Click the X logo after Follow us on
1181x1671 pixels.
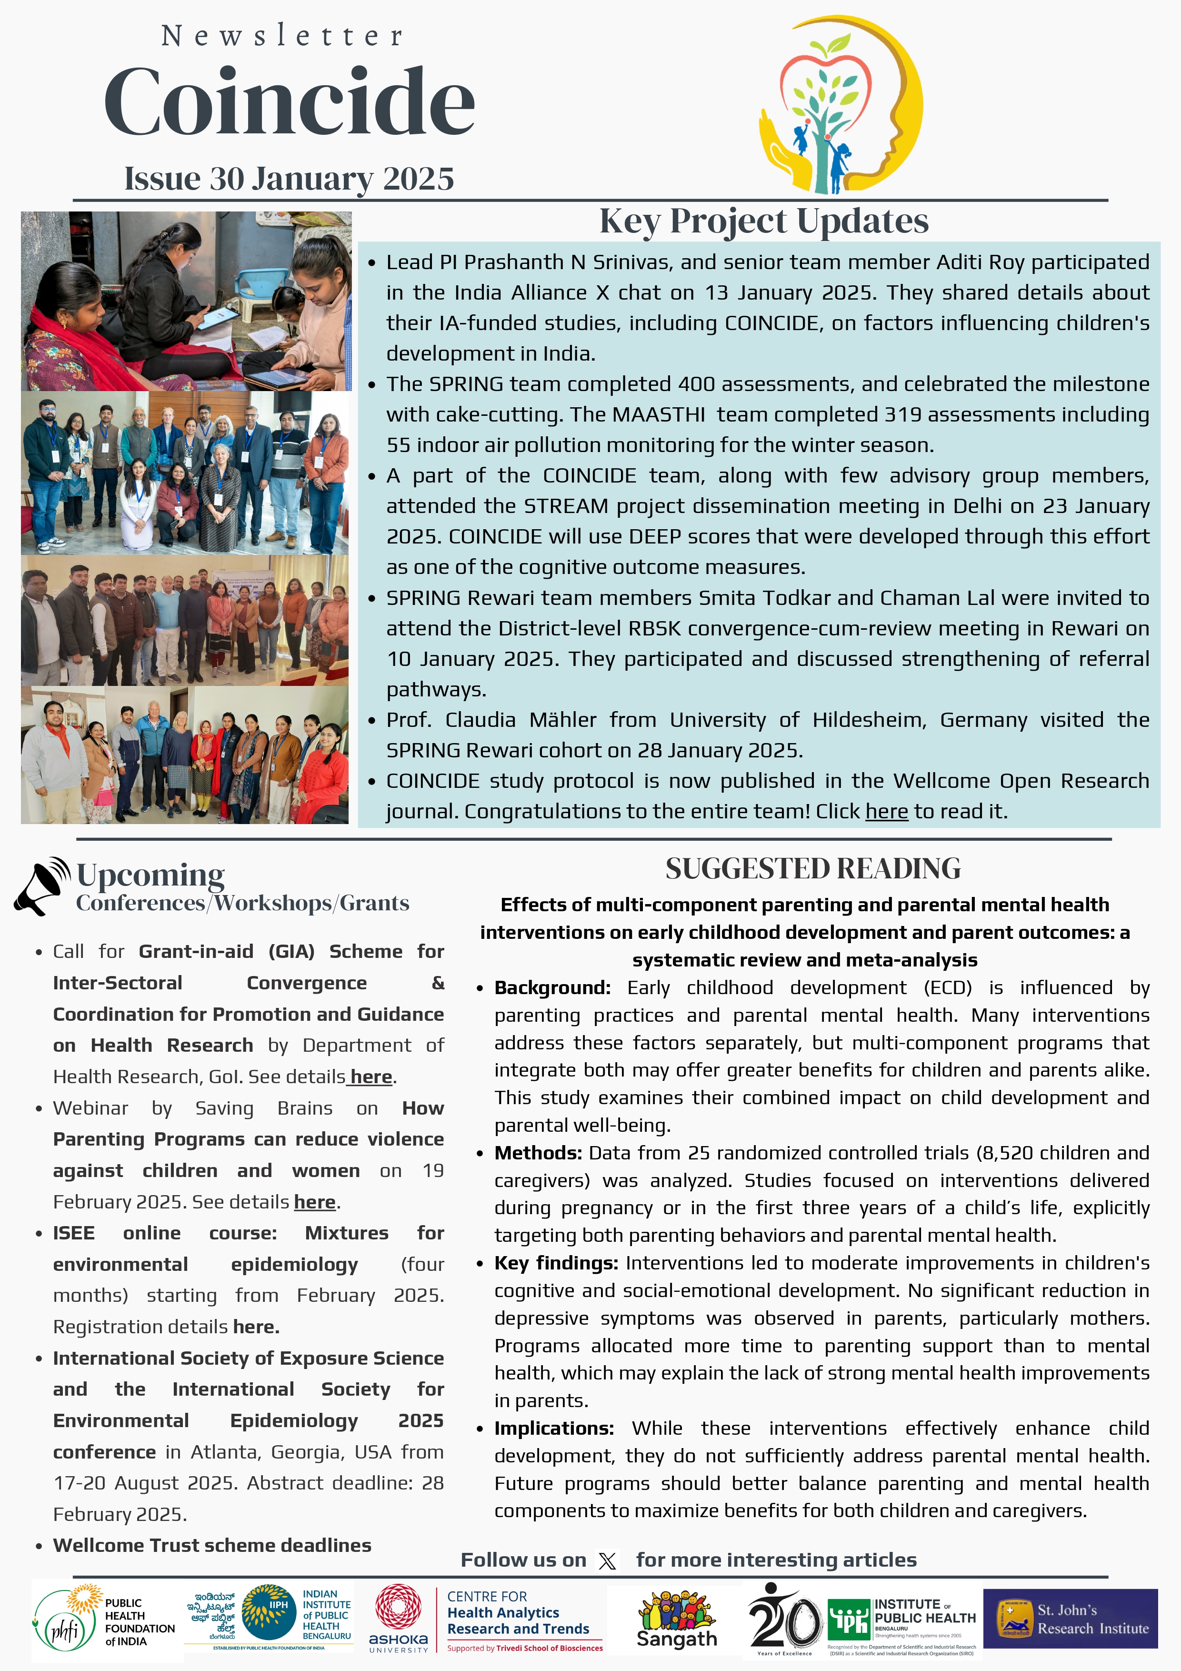607,1561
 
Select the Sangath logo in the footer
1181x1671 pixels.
677,1620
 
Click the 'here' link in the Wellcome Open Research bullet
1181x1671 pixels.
886,812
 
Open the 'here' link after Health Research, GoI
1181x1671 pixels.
371,1077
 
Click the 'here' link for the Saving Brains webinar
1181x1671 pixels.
314,1202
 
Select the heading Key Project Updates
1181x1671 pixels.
763,221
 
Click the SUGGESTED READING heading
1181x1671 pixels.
813,869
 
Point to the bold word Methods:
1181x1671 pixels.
538,1153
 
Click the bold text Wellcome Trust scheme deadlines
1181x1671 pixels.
212,1545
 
